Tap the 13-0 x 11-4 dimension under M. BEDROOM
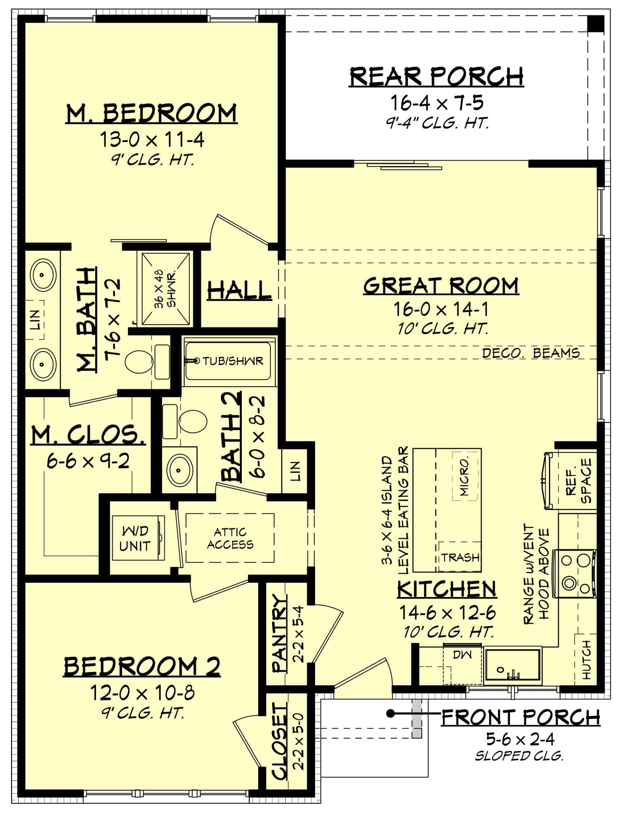coord(152,140)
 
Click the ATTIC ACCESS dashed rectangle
coord(230,538)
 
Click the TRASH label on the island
coord(460,557)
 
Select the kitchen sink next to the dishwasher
coord(513,666)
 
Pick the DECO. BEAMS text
coord(531,353)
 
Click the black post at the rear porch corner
coord(596,23)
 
